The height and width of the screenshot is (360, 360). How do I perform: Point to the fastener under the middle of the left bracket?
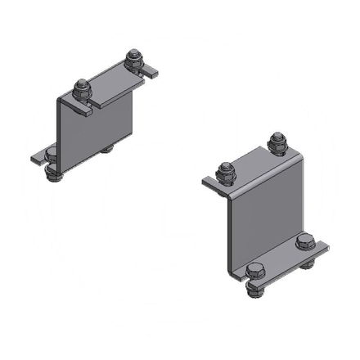pos(107,150)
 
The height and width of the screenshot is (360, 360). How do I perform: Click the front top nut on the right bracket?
pos(226,173)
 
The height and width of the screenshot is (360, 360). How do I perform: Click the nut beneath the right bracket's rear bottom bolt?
pos(307,262)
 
